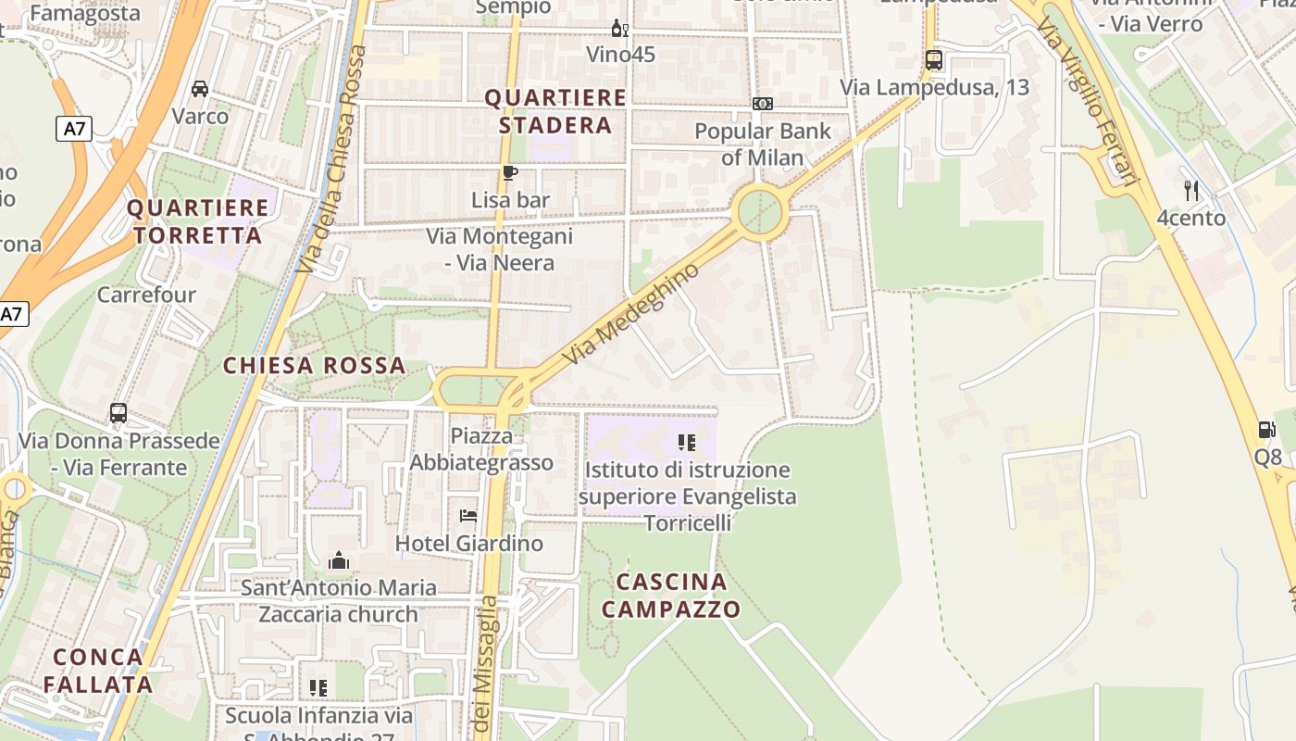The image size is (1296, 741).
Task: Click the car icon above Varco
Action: point(199,89)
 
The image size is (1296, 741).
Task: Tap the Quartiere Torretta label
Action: point(197,221)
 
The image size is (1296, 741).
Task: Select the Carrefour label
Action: point(146,295)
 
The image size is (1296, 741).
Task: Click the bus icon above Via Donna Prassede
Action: point(118,413)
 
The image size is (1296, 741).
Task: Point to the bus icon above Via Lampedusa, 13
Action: point(934,60)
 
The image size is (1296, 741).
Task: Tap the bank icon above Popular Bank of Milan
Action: point(762,104)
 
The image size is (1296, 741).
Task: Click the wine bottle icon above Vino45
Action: point(619,29)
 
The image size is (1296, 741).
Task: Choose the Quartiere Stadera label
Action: point(555,111)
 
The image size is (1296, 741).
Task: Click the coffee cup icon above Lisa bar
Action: point(509,172)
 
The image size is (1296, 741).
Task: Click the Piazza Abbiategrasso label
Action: point(481,449)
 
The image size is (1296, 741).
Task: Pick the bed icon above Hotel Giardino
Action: point(468,515)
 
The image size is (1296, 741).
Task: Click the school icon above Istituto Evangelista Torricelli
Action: point(686,443)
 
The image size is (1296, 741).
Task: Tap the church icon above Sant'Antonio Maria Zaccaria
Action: point(339,560)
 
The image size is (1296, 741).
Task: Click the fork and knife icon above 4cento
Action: point(1191,191)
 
